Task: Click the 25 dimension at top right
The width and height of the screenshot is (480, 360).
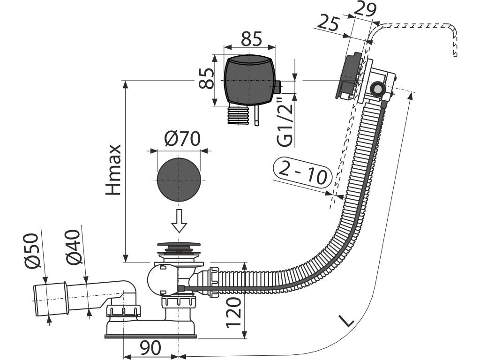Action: point(330,22)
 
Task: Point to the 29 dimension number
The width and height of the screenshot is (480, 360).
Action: point(366,8)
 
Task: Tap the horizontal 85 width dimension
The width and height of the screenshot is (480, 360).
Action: point(251,39)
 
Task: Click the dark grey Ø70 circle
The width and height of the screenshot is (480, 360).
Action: point(179,179)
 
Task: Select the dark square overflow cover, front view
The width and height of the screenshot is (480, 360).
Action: point(249,81)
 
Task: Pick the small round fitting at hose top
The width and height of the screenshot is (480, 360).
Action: point(377,89)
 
